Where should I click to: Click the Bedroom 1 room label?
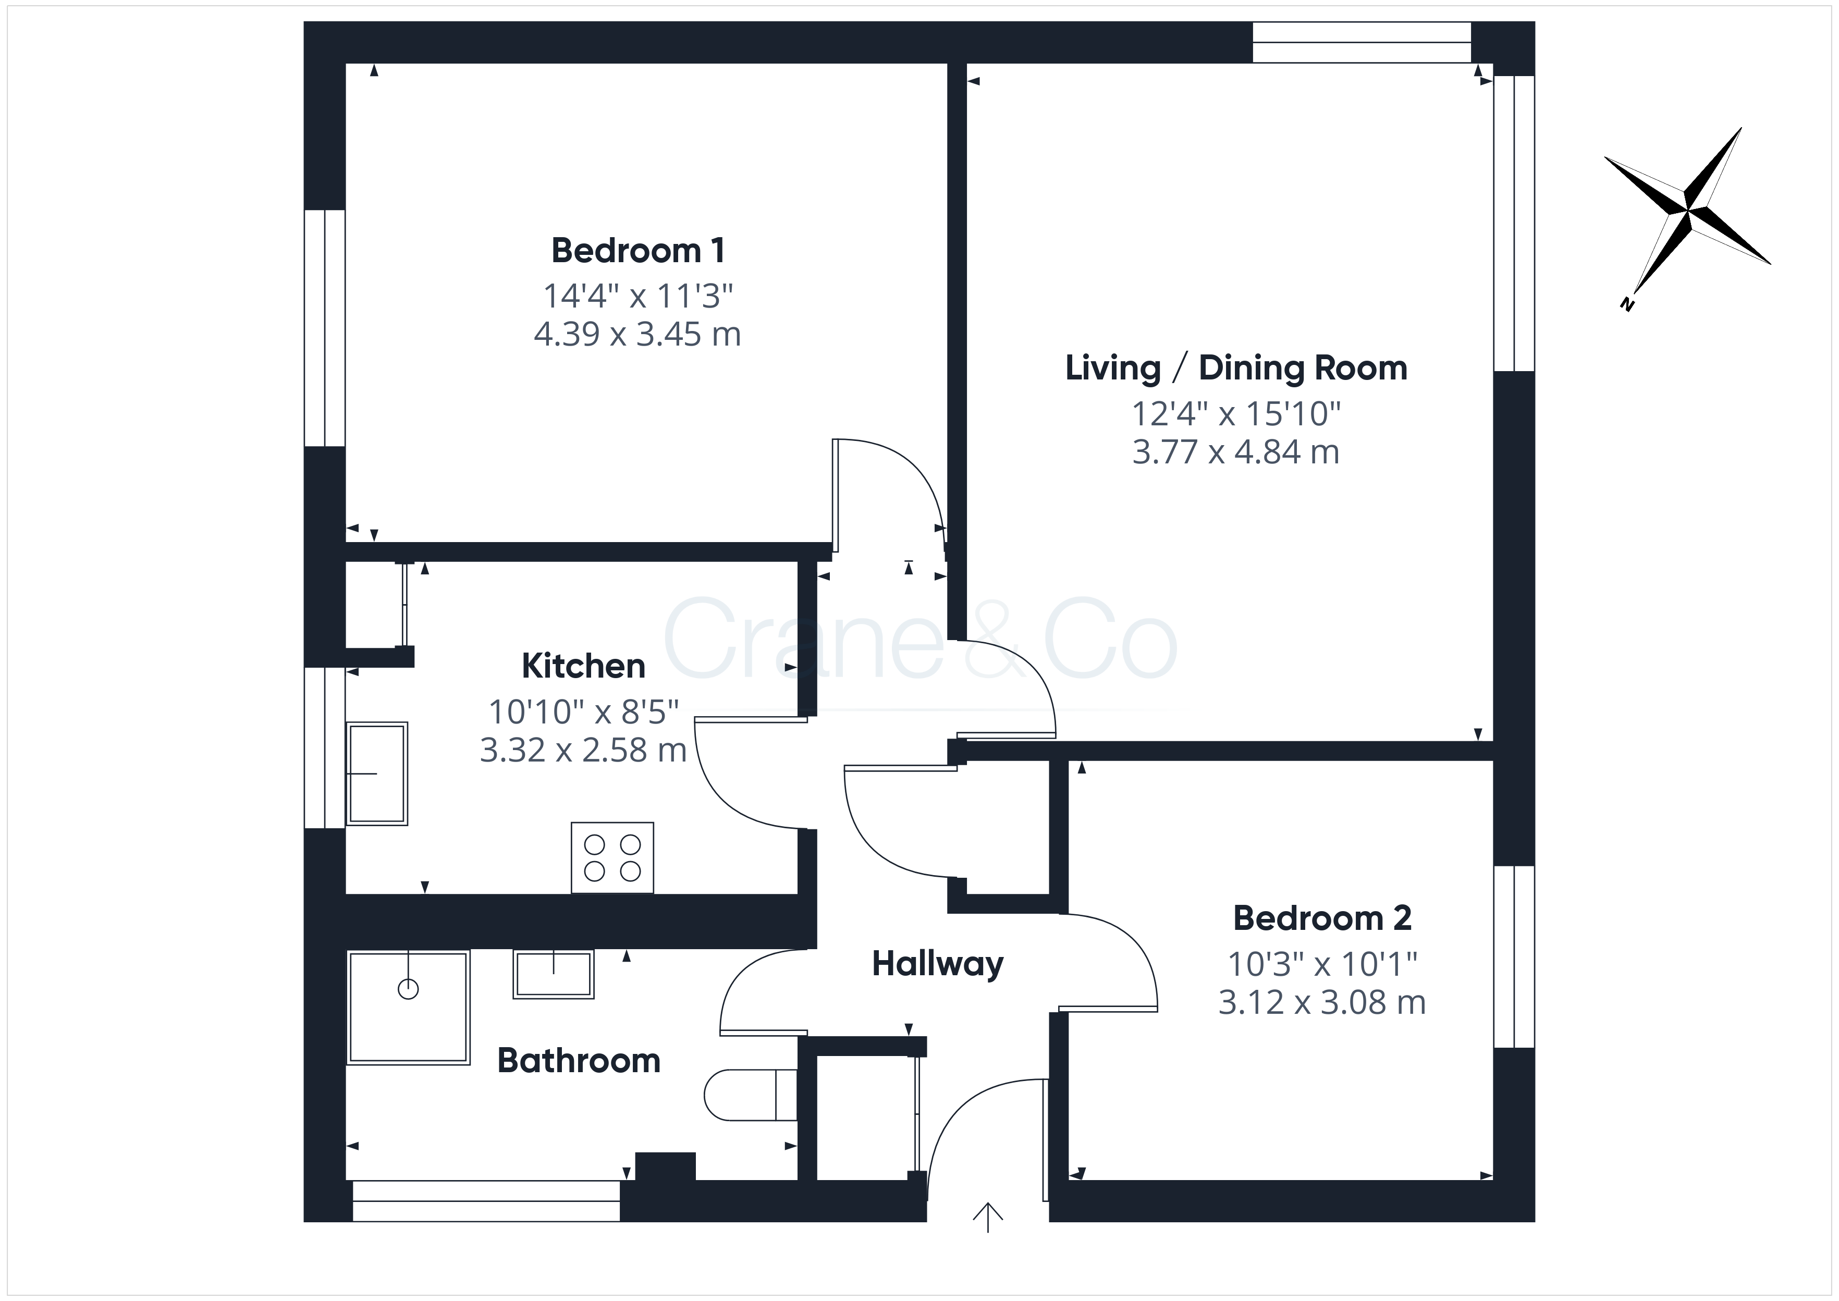coord(639,251)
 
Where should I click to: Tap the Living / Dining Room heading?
coord(1236,369)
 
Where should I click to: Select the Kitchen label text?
coord(583,666)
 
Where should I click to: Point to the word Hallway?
coord(937,964)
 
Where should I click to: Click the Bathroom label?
coord(579,1061)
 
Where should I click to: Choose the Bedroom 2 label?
coord(1322,918)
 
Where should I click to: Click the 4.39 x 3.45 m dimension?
coord(637,334)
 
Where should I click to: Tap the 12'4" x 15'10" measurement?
coord(1236,414)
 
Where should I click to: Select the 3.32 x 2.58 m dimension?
coord(583,751)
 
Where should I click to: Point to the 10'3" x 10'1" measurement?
coord(1322,964)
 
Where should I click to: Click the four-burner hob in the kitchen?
coord(612,857)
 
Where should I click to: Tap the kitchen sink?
coord(376,774)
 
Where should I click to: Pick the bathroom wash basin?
coord(554,974)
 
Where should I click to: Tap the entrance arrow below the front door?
coord(988,1217)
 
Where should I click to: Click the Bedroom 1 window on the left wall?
coord(324,328)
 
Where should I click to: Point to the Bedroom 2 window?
coord(1514,956)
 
